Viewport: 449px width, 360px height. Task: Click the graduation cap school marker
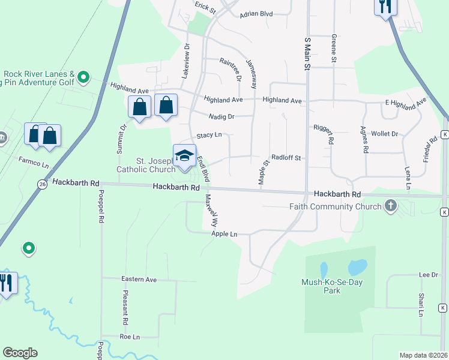(x=184, y=155)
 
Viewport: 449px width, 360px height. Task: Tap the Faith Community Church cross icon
(x=390, y=206)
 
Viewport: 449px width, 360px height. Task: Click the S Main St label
(x=307, y=52)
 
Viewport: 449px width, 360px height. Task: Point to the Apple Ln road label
(x=224, y=234)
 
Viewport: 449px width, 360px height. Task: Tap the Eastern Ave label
(x=139, y=280)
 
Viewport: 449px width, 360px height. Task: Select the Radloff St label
(x=285, y=158)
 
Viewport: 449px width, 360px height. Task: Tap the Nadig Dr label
(x=221, y=116)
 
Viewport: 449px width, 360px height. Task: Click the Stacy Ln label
(x=209, y=136)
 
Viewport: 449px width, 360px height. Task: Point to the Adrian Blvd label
(x=256, y=14)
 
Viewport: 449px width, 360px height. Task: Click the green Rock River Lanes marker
(x=84, y=77)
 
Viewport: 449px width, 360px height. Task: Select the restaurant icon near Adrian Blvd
(x=384, y=7)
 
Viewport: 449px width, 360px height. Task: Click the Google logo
(x=20, y=353)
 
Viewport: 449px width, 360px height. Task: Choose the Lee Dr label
(x=428, y=275)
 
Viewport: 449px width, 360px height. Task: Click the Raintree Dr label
(x=230, y=70)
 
